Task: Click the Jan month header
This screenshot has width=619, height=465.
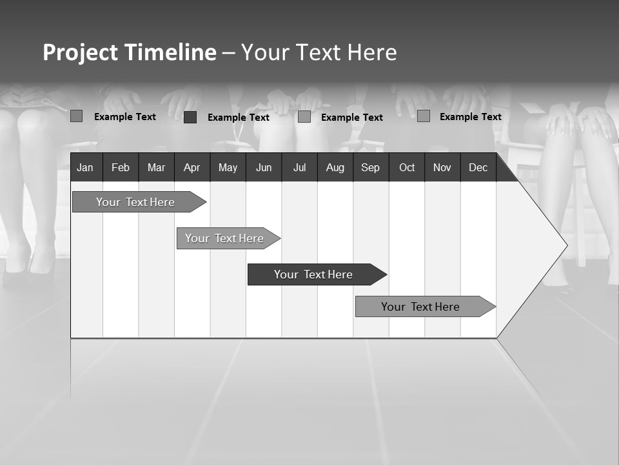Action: point(85,167)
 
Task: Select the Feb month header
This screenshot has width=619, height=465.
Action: point(121,167)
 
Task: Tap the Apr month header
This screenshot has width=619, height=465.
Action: point(192,167)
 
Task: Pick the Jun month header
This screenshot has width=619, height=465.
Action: point(263,167)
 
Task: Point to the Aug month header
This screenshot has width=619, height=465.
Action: point(335,167)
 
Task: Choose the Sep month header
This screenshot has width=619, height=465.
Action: point(370,167)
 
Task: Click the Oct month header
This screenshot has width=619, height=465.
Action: point(407,167)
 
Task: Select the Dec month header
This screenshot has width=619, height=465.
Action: point(478,167)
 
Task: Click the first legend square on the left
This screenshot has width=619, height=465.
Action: point(77,116)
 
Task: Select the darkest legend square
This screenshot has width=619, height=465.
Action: point(190,117)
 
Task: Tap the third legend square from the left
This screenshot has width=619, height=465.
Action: point(304,117)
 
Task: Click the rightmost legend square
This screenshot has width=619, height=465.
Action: point(424,116)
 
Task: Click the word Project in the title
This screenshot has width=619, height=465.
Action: point(80,52)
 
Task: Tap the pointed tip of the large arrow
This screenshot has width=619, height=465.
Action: point(565,245)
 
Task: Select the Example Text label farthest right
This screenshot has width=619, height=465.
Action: point(470,117)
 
